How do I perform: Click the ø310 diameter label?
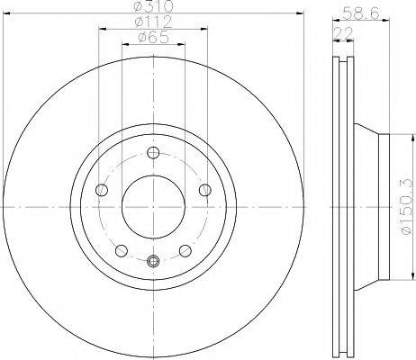click(153, 6)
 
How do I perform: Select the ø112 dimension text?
click(153, 22)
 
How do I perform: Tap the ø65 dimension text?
click(153, 38)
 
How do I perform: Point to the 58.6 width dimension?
click(361, 13)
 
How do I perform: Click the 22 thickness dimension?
click(343, 33)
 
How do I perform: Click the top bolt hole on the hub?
click(153, 153)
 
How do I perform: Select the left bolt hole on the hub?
click(102, 190)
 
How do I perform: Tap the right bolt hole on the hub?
click(205, 190)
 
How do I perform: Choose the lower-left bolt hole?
click(122, 251)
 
